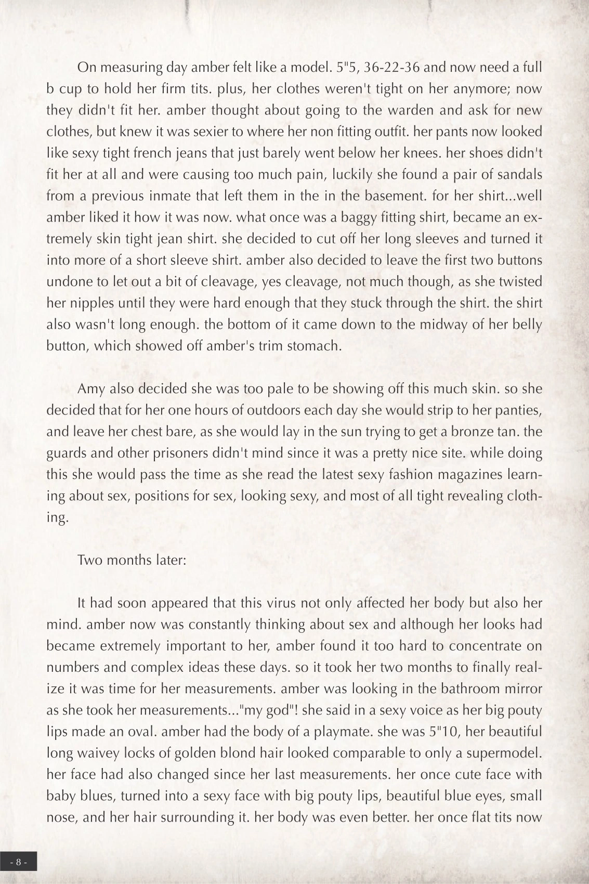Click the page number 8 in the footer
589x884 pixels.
(18, 862)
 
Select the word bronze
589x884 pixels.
(466, 432)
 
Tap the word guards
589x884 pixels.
(67, 453)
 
